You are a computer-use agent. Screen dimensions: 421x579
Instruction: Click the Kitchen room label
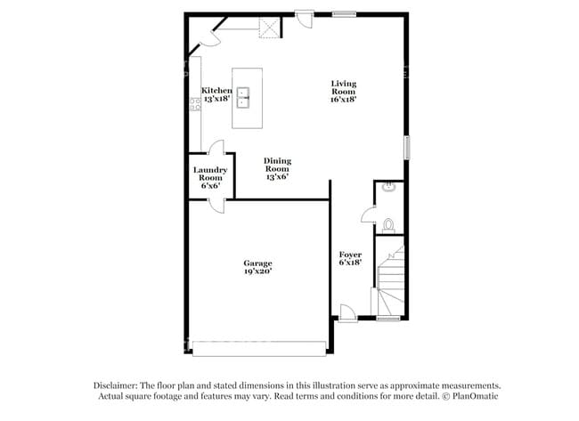coord(216,94)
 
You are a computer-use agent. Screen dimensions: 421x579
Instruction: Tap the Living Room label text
coord(343,92)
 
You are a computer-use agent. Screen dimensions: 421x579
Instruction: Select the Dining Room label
coord(277,169)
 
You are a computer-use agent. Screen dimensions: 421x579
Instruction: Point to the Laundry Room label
coord(211,177)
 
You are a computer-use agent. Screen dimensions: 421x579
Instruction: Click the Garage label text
coord(258,268)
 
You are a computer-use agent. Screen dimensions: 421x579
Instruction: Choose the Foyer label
coord(350,258)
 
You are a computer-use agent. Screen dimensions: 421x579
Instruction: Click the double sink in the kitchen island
coord(246,96)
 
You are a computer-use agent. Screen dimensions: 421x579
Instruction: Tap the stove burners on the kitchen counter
coord(193,105)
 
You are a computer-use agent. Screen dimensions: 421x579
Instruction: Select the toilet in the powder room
coord(389,223)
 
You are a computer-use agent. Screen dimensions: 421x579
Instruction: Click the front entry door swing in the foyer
coord(348,311)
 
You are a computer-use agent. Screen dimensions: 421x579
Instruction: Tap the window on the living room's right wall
coord(407,147)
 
